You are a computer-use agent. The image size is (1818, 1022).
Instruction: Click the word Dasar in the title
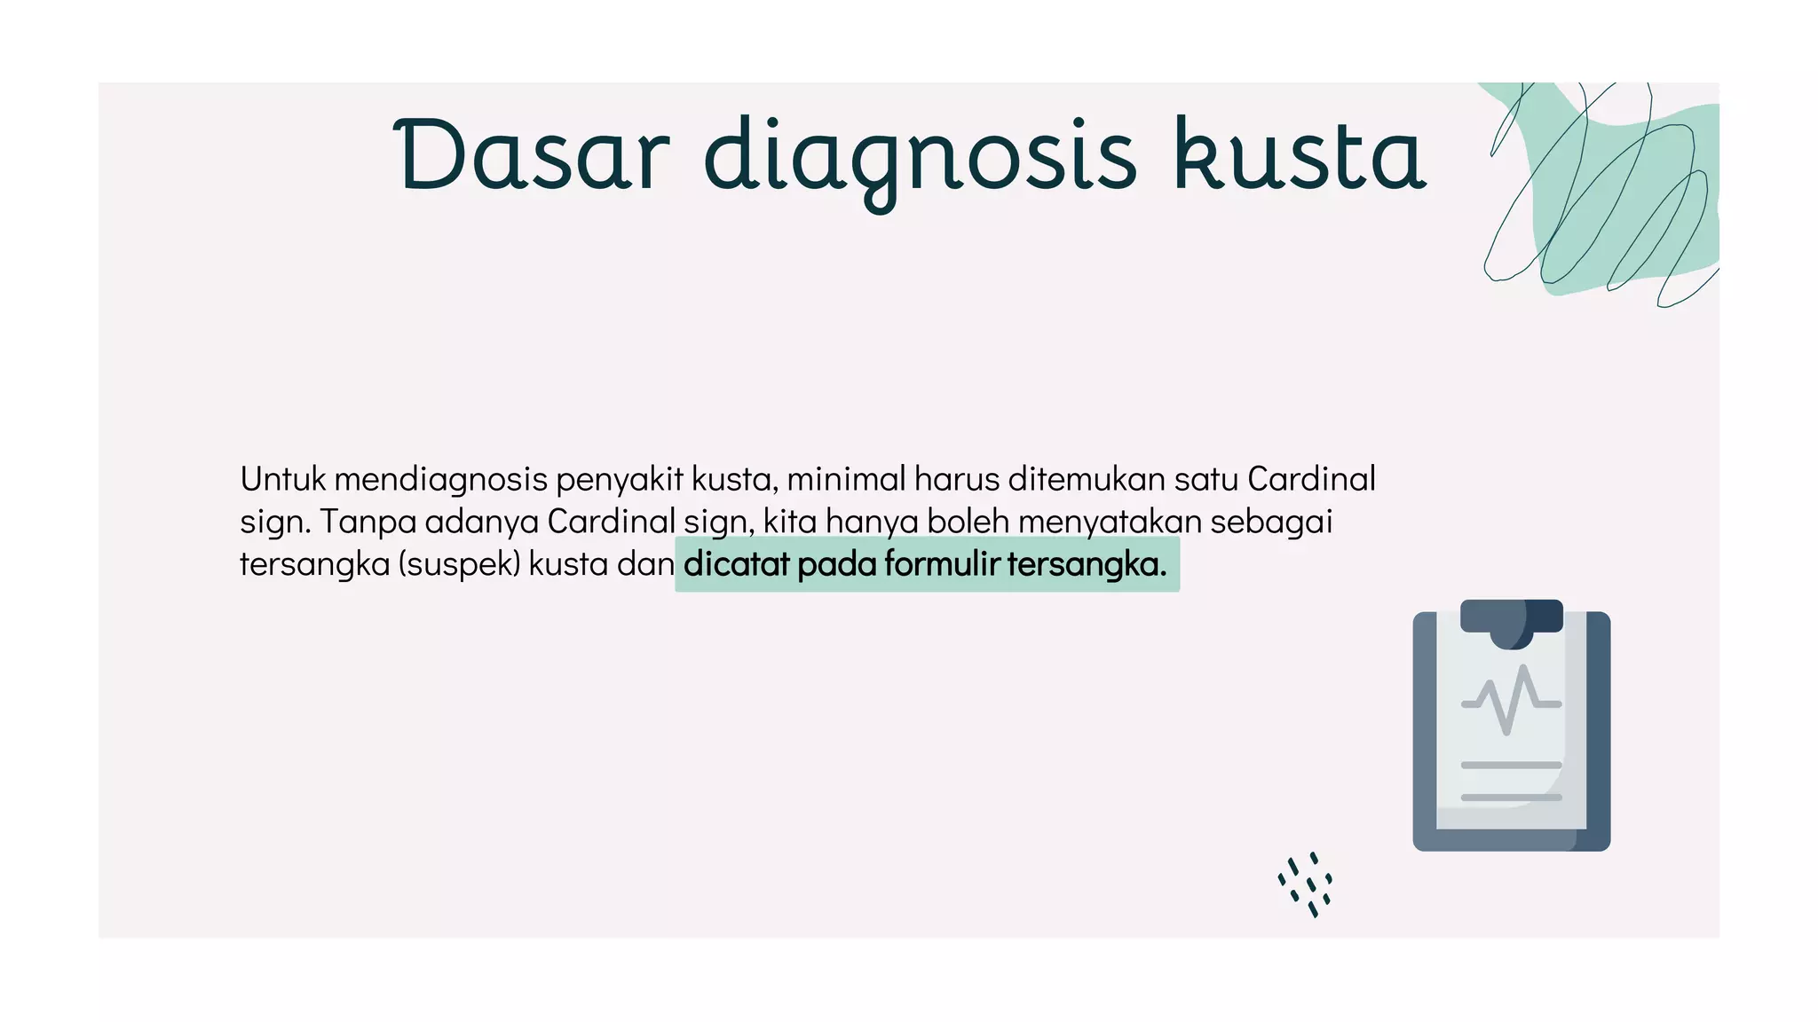(531, 156)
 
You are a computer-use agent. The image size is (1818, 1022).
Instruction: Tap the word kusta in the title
(1300, 156)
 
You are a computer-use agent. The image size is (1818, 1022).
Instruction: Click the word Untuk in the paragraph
(282, 479)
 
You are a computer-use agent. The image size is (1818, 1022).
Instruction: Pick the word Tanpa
(368, 522)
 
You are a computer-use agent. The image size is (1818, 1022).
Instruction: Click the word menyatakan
(1109, 522)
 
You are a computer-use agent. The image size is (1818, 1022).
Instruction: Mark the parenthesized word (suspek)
(459, 564)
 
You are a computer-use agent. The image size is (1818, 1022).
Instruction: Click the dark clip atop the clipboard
(1511, 618)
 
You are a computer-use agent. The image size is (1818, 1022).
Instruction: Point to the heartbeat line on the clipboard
(1511, 701)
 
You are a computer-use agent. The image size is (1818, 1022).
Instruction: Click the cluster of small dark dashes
(1306, 884)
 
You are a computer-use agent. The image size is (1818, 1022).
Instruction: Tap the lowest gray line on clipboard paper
(1511, 798)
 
